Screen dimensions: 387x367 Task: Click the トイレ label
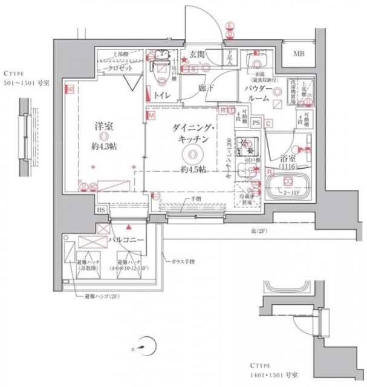click(x=161, y=96)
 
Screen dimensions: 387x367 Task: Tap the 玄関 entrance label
click(x=197, y=55)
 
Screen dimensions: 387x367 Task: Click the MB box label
click(x=299, y=55)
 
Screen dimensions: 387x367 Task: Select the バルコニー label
click(x=125, y=240)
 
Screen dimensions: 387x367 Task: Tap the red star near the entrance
click(x=184, y=59)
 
